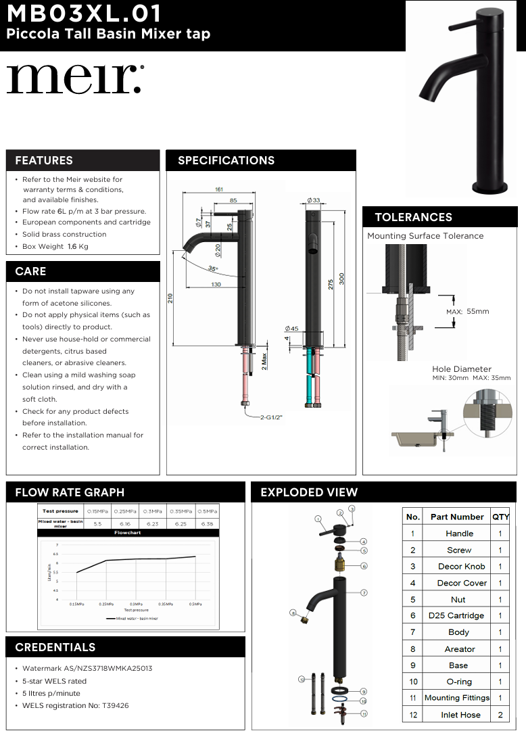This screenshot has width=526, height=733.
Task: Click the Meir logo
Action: [74, 80]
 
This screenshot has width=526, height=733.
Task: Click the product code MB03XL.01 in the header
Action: [85, 14]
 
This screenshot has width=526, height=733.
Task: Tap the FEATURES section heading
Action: [44, 160]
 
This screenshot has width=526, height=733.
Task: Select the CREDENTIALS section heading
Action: [55, 647]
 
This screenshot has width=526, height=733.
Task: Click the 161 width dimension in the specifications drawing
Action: [219, 189]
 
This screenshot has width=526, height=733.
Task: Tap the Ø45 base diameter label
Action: [292, 328]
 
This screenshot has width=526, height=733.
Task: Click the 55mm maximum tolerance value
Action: [477, 311]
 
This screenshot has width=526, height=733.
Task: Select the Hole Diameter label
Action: [462, 369]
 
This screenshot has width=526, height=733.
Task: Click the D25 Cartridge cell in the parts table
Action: [456, 615]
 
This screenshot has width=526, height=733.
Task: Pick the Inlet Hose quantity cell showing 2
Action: [500, 715]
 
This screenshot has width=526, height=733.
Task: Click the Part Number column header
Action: [457, 517]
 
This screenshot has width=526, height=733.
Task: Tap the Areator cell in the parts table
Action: [460, 648]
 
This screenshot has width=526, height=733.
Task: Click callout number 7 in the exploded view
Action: [364, 592]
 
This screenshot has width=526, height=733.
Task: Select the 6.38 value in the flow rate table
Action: [208, 523]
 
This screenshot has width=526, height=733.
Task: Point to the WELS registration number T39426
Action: [75, 705]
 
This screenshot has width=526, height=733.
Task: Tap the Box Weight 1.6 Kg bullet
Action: [55, 247]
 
